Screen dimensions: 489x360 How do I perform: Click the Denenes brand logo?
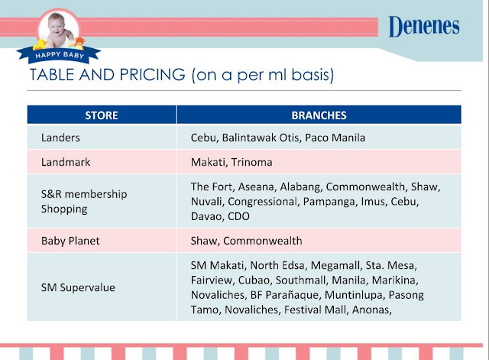coord(424,26)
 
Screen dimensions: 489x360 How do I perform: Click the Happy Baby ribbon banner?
coord(59,55)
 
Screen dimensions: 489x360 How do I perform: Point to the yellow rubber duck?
coord(40,44)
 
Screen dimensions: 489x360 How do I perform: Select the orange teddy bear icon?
coord(79,43)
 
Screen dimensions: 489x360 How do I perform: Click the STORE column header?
coord(102,115)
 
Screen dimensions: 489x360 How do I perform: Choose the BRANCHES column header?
coord(319,115)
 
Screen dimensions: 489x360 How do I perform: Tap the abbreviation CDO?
coord(238,216)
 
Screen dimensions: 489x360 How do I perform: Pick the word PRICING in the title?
coord(153,75)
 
